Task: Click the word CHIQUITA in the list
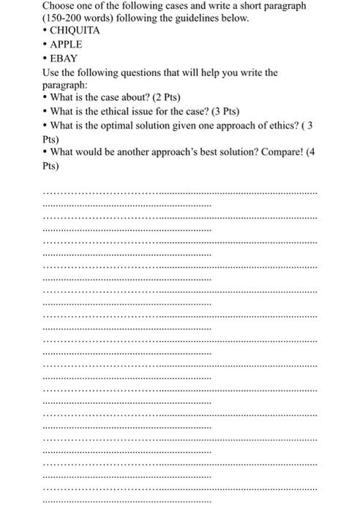point(75,31)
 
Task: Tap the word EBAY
point(64,57)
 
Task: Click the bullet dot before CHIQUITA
point(45,31)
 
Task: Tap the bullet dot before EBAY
point(45,58)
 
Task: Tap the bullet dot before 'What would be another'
point(45,153)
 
